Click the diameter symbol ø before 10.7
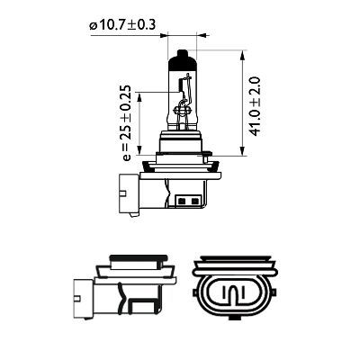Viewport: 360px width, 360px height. pos(93,25)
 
